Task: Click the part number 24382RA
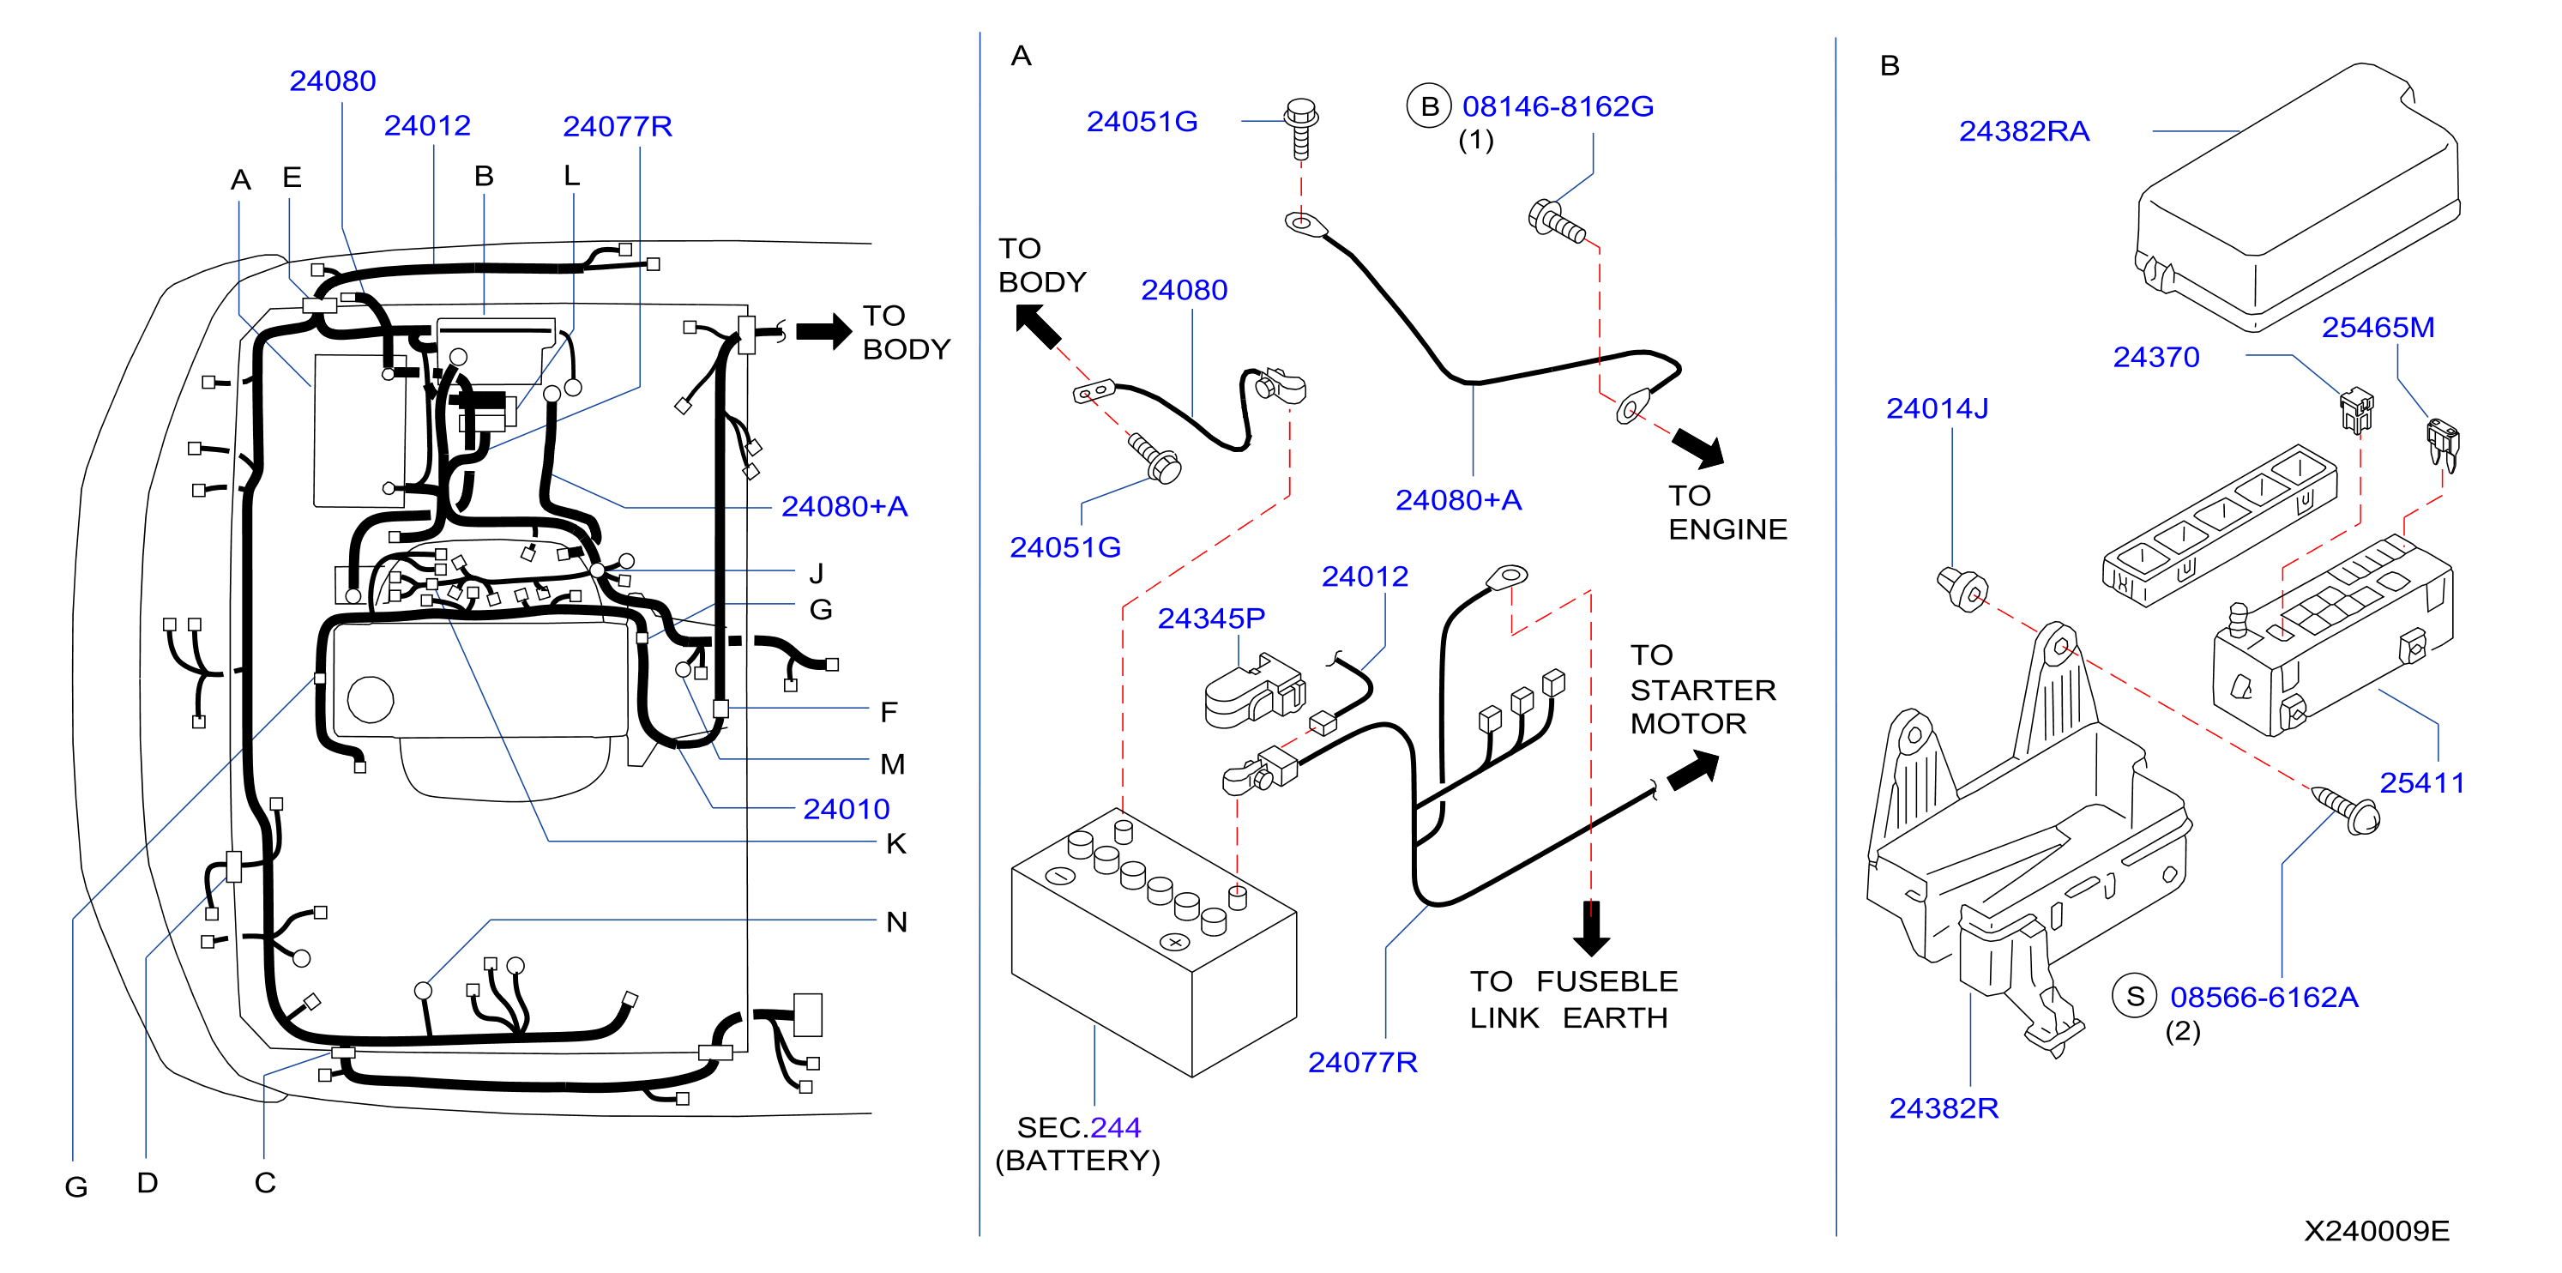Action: coord(2023,131)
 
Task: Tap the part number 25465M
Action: coord(2377,327)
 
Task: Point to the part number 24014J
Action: coord(1937,409)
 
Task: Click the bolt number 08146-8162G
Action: coord(1558,106)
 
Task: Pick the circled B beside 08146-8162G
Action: coord(1429,106)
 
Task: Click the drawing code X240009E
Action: coord(2376,1230)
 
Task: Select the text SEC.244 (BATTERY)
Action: coord(1078,1143)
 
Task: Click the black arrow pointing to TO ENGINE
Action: coord(1700,449)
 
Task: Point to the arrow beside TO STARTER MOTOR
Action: coord(1694,769)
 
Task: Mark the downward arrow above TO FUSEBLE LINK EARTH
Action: coord(1591,928)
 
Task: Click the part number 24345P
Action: coord(1210,618)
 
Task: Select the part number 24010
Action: coord(846,809)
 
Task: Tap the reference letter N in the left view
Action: coord(896,922)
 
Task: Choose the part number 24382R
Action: coord(1944,1108)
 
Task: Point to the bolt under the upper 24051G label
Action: coord(1301,129)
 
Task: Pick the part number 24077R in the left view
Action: coord(617,126)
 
